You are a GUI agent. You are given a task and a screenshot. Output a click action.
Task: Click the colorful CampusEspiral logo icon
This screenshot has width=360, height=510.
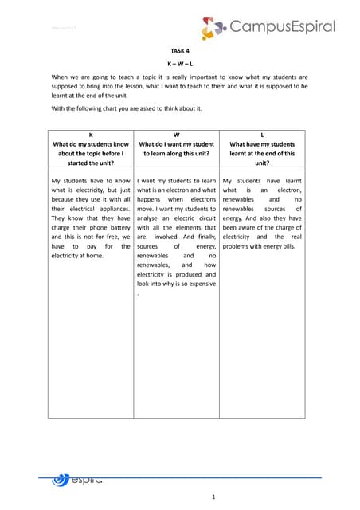pos(213,29)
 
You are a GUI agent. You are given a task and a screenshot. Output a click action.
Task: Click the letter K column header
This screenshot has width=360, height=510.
pos(90,135)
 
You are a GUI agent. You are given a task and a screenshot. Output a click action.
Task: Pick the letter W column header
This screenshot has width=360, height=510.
pos(176,135)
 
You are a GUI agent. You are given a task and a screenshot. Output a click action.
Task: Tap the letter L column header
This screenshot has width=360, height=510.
pos(262,135)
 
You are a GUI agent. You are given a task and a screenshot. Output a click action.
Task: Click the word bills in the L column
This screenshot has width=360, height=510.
pos(284,248)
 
